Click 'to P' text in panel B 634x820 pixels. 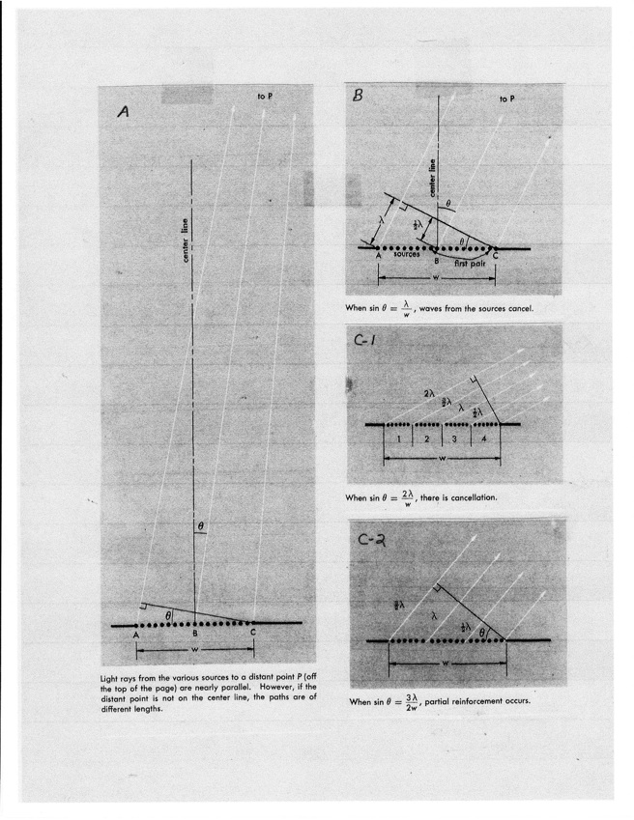pos(506,99)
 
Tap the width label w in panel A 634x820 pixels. pos(195,649)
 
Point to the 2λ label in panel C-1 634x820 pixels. pos(429,395)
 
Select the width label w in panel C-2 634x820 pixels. pos(447,664)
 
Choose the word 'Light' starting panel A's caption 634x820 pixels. pos(111,679)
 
